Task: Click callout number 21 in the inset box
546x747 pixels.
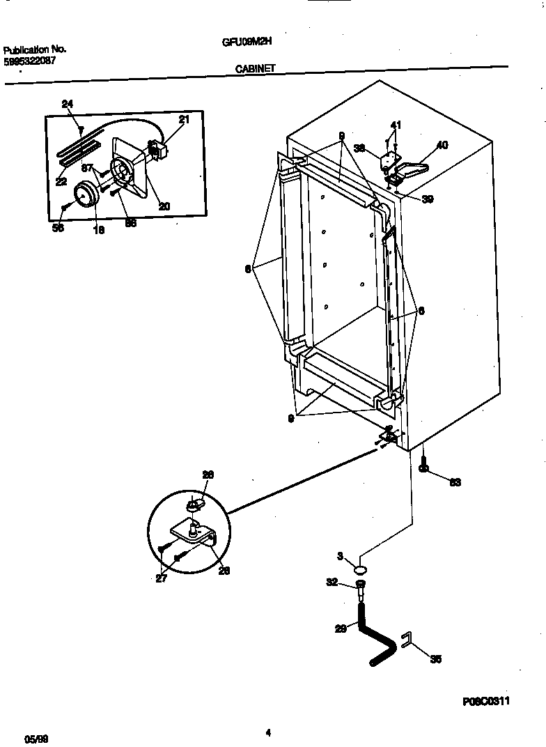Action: (184, 120)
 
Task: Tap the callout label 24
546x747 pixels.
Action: (68, 105)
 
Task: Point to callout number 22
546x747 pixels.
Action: (61, 182)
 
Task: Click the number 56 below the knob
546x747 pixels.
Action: (58, 228)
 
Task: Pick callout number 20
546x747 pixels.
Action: (164, 206)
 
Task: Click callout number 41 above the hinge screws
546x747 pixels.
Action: (396, 125)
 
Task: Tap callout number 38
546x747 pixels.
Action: (359, 148)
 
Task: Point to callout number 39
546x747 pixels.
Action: (427, 199)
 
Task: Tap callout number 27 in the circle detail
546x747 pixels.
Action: (162, 578)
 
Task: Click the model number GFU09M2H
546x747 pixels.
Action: (247, 41)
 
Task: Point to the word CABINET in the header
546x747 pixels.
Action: (256, 68)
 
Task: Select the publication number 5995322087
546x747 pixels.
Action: (30, 61)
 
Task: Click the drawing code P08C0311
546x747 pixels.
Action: (485, 702)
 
